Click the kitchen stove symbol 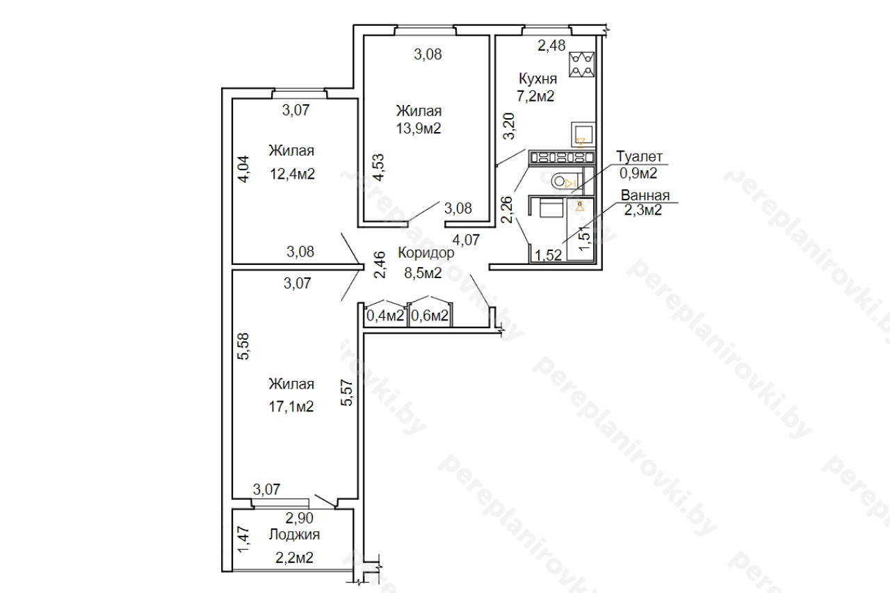[x=581, y=65]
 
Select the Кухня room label [x=537, y=79]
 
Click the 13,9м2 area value [x=419, y=129]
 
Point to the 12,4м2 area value [x=292, y=174]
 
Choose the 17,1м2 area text [x=291, y=406]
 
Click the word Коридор [x=426, y=253]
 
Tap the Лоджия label [x=294, y=535]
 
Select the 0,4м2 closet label [x=385, y=316]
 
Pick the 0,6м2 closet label [x=430, y=316]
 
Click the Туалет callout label [x=639, y=156]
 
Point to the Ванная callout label [x=645, y=195]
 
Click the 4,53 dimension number [x=379, y=168]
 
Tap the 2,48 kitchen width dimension [x=551, y=46]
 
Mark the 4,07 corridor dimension [x=466, y=240]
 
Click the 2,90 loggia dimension [x=300, y=518]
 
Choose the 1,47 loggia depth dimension [x=243, y=539]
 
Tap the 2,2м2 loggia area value [x=294, y=558]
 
